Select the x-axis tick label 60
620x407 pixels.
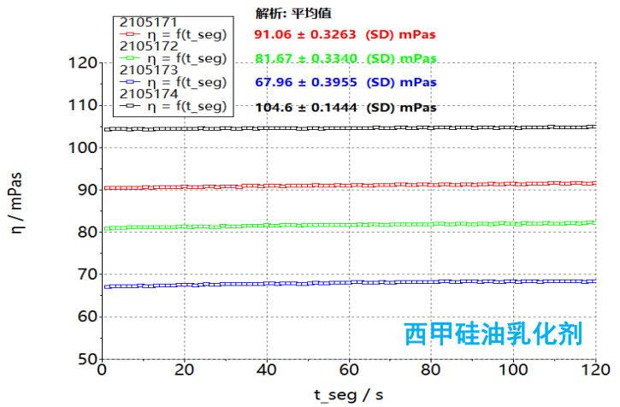(x=349, y=371)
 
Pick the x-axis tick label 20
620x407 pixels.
(x=184, y=371)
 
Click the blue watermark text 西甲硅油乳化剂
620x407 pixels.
(x=493, y=334)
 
